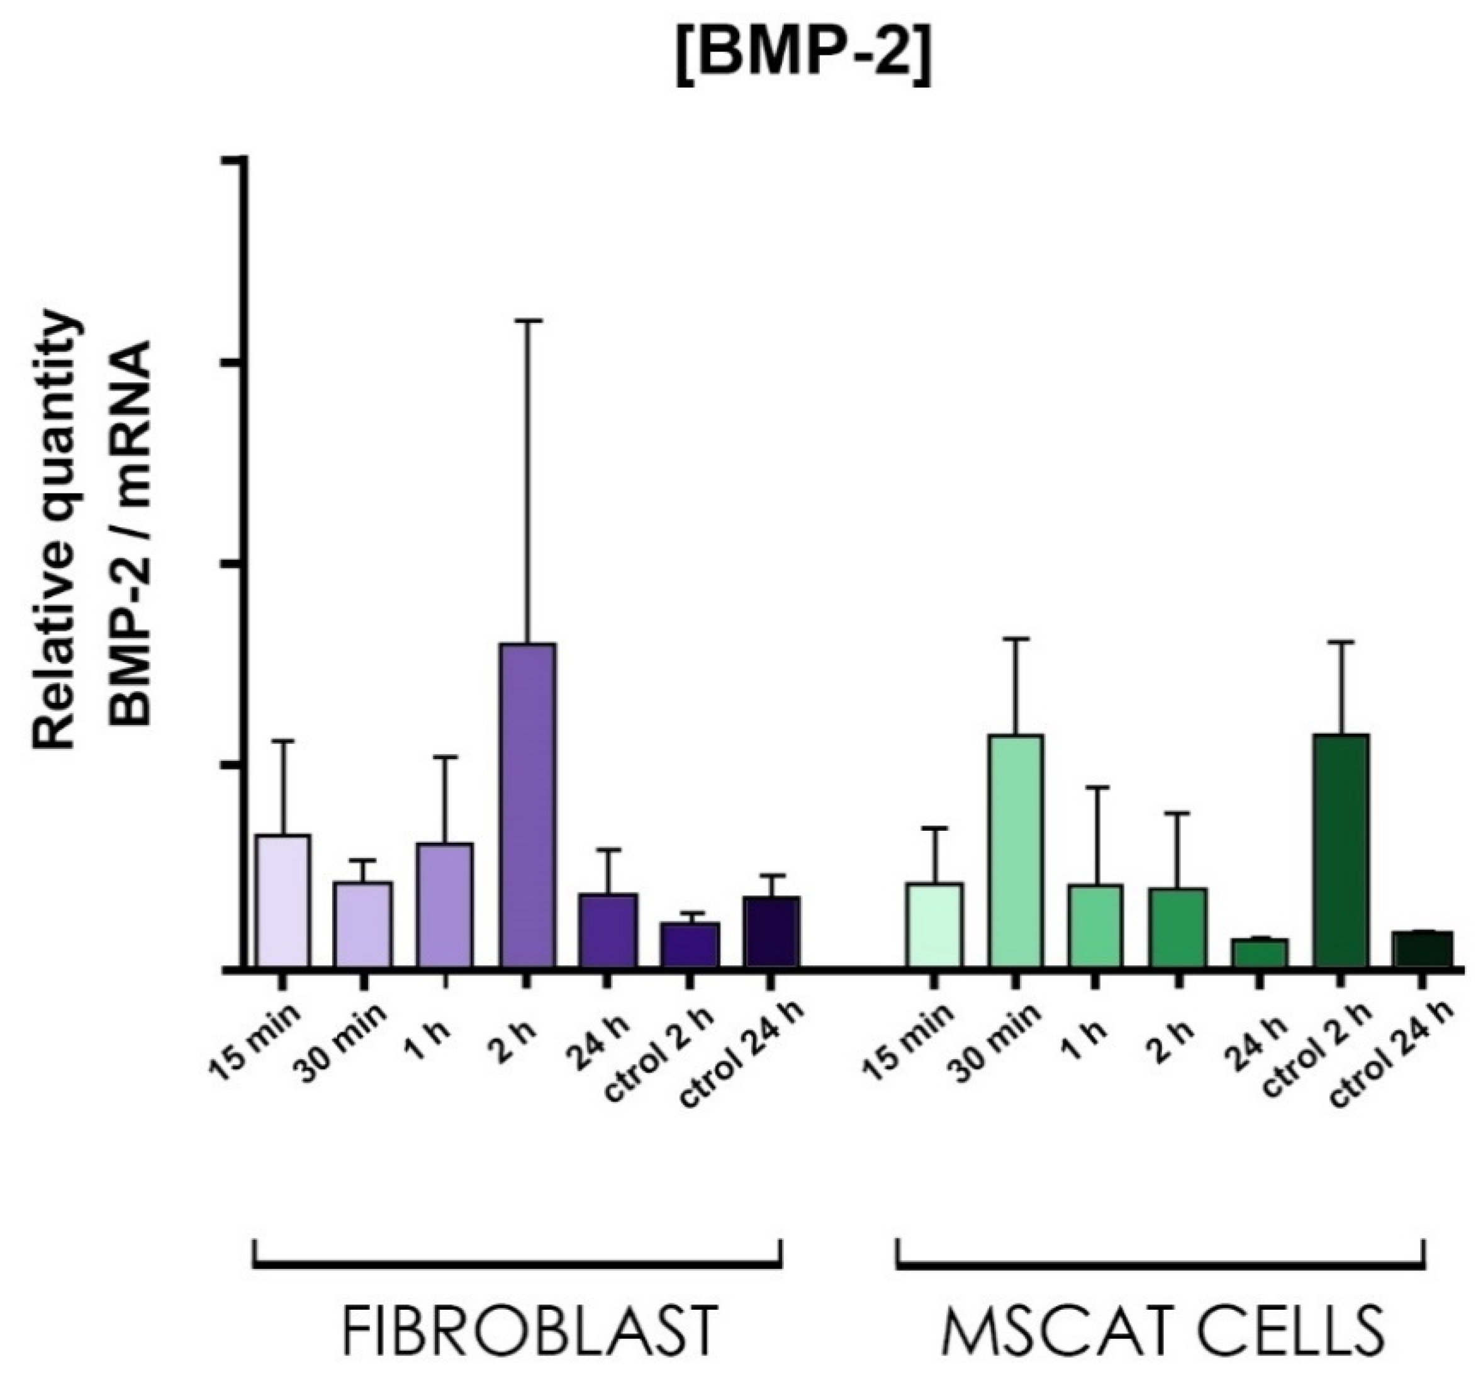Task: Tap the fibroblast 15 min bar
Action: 283,900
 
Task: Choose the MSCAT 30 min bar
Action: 1016,850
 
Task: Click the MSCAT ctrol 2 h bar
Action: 1341,850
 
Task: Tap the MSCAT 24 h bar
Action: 1259,953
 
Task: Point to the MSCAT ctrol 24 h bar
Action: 1423,949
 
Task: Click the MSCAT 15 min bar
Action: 934,925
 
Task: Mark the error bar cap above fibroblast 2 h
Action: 527,321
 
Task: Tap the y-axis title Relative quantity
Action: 56,530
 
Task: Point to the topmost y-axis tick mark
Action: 233,160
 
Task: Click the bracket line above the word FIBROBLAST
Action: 517,1266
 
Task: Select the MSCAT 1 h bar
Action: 1096,925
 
